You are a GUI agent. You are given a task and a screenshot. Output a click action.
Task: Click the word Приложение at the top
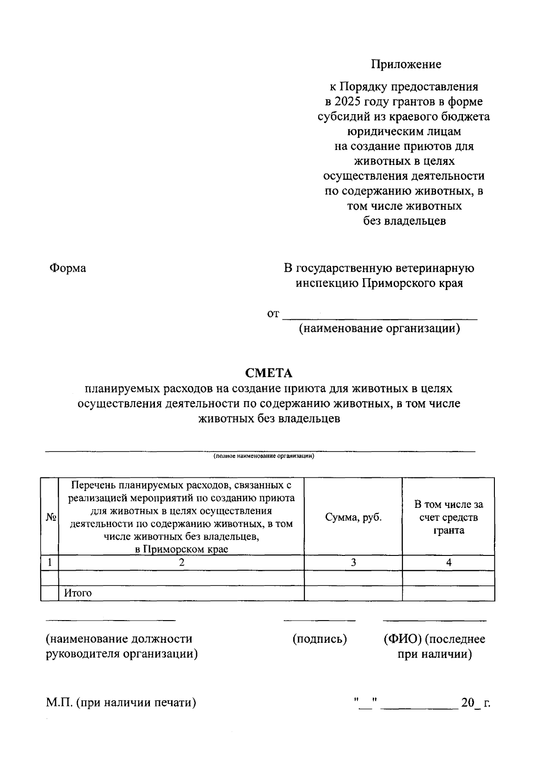406,64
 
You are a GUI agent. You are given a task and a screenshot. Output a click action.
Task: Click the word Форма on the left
68,268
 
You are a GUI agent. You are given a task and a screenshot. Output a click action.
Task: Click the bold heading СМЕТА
269,373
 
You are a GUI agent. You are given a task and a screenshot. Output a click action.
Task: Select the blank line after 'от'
380,315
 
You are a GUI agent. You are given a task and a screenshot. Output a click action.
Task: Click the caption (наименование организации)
379,329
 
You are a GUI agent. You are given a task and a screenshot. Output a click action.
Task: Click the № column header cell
50,517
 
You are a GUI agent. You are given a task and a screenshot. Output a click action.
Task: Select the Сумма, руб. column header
353,517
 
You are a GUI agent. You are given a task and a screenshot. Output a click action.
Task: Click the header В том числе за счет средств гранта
448,517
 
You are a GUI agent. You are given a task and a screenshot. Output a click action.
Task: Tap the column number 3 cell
353,562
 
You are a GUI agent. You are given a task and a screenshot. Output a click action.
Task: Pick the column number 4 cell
448,562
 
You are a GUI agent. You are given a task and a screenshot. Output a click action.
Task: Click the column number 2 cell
181,562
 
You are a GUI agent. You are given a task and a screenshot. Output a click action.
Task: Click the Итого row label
78,593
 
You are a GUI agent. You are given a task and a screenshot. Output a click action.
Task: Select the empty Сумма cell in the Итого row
353,593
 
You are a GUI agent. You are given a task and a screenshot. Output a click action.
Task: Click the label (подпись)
320,639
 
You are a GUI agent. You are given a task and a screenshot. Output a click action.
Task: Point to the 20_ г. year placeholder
475,703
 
